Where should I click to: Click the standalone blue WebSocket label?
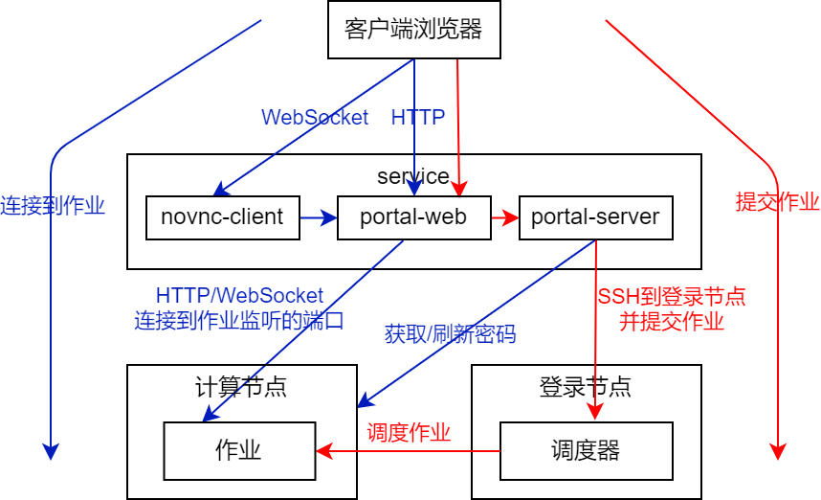[x=315, y=117]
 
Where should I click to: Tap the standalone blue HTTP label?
[x=417, y=117]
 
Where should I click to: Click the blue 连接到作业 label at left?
[x=53, y=205]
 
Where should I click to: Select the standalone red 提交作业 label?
[x=777, y=201]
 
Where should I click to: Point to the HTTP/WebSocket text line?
[x=239, y=295]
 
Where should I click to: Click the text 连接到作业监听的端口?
[x=239, y=320]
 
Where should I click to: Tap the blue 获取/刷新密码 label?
[x=450, y=334]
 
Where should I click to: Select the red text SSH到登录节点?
[x=672, y=296]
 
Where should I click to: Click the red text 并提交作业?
[x=672, y=321]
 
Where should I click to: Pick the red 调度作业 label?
[x=409, y=433]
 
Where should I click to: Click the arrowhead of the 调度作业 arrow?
[x=323, y=450]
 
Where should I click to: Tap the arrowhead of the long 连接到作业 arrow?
[x=51, y=452]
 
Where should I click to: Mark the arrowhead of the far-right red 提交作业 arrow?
[x=778, y=452]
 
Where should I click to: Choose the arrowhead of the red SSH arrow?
[x=595, y=411]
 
